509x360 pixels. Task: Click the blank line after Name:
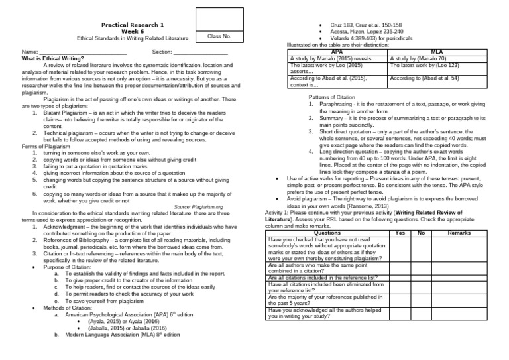click(83, 52)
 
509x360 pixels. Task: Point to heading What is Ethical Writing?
click(52, 58)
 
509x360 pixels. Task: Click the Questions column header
click(327, 233)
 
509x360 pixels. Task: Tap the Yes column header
click(400, 233)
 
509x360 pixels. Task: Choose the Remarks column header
click(459, 233)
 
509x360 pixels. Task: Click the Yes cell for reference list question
click(400, 277)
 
